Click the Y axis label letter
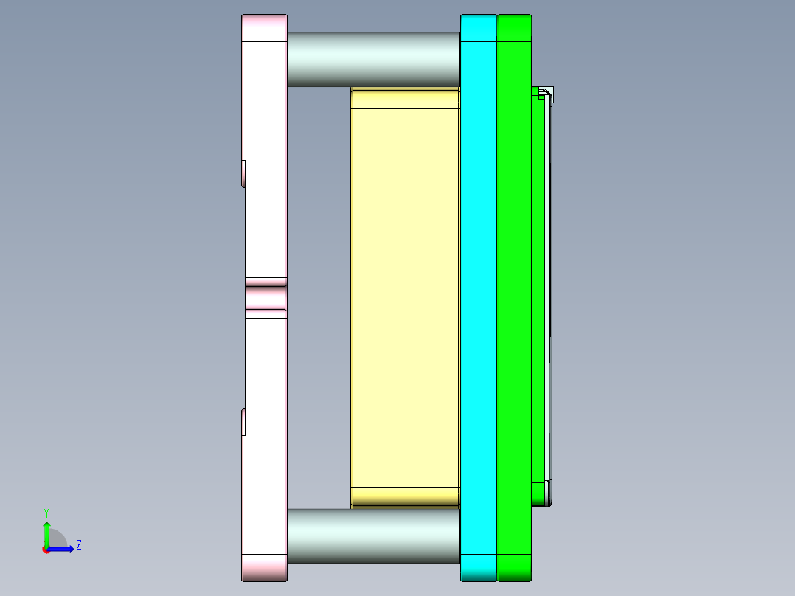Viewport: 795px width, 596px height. (46, 512)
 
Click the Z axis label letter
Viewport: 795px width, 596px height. (78, 545)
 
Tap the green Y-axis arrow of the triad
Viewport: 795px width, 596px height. (46, 532)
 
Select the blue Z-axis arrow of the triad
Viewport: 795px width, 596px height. (63, 549)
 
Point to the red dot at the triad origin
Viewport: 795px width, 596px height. (46, 550)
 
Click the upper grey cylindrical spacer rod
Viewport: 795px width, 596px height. (373, 59)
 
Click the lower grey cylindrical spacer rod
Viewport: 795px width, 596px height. (373, 536)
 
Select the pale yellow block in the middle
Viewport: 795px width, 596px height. (406, 295)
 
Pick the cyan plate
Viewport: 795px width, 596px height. (479, 295)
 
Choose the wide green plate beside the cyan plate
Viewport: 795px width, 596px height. (515, 295)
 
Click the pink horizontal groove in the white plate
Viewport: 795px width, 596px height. (265, 298)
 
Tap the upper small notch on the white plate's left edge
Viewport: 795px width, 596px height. (243, 173)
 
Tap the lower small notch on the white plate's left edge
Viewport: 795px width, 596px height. (243, 422)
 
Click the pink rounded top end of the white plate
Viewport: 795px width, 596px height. (264, 28)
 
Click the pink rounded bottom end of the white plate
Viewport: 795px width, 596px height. (264, 567)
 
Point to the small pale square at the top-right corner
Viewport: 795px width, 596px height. (548, 93)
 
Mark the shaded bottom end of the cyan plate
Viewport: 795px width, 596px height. (479, 567)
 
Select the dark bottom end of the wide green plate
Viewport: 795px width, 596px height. (515, 567)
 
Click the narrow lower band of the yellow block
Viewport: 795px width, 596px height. (406, 496)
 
